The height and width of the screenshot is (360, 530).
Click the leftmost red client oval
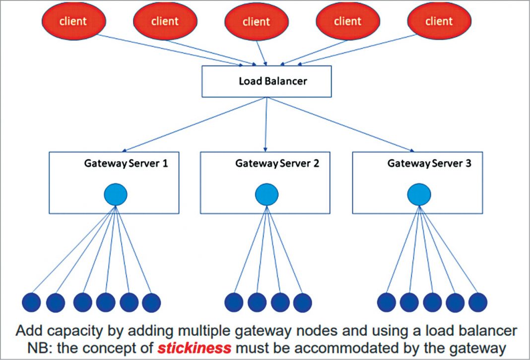(73, 21)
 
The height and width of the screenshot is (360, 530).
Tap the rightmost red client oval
(439, 21)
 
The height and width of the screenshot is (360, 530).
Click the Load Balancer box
(266, 81)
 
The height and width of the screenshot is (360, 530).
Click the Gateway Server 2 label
(277, 163)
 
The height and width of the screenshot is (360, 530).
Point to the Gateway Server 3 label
(430, 163)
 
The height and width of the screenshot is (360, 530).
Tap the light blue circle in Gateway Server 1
(115, 195)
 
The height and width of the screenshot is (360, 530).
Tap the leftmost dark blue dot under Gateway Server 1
(32, 302)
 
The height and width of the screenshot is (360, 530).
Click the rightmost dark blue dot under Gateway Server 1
(151, 302)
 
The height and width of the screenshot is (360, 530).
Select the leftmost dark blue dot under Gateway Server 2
(234, 302)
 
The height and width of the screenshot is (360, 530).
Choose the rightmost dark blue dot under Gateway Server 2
(302, 302)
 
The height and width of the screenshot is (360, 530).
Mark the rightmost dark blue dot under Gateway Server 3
(478, 302)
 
